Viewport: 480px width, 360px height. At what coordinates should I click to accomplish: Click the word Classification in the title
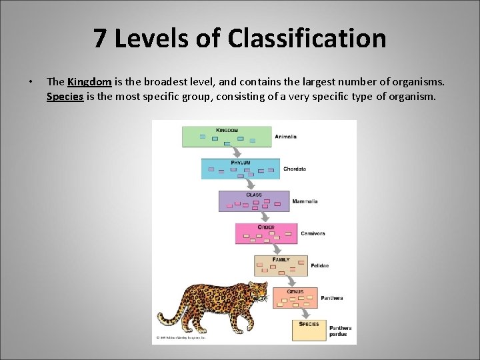click(x=307, y=39)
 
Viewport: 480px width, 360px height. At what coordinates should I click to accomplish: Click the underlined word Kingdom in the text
click(x=89, y=82)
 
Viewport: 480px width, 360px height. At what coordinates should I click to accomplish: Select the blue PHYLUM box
click(x=241, y=169)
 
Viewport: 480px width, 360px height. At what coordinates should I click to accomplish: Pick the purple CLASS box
click(x=254, y=201)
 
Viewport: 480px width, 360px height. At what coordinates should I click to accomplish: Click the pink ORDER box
click(x=266, y=233)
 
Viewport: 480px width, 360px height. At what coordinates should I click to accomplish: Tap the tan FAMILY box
click(x=281, y=265)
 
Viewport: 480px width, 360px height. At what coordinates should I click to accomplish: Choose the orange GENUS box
click(x=295, y=297)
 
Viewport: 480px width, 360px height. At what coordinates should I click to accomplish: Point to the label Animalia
click(x=286, y=137)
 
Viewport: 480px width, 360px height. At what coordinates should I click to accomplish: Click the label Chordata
click(x=295, y=169)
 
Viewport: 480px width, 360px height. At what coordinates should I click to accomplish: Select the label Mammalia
click(x=305, y=201)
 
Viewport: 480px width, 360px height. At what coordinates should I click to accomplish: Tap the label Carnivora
click(x=313, y=233)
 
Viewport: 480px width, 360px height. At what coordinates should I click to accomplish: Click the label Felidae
click(x=319, y=265)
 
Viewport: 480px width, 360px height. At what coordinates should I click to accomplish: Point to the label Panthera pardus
click(x=340, y=331)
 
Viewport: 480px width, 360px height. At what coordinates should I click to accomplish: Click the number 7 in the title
click(x=100, y=39)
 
